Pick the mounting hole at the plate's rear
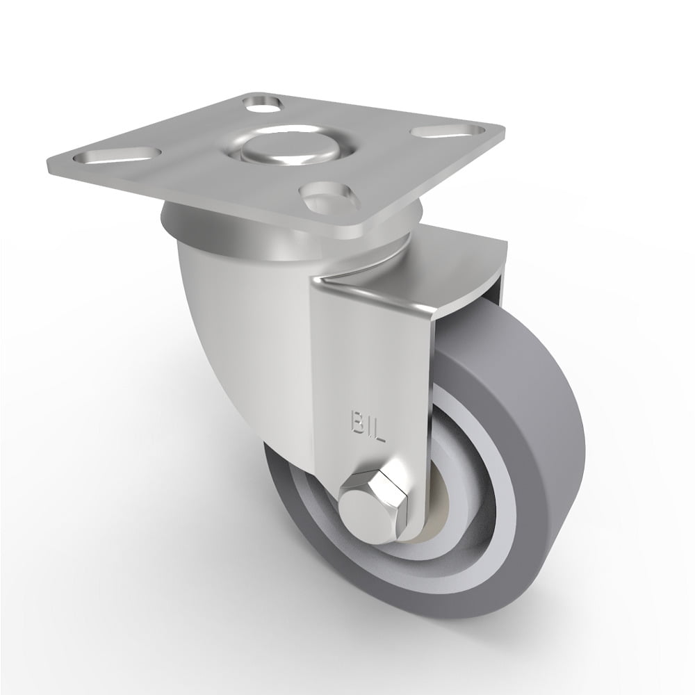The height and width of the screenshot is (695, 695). (264, 104)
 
